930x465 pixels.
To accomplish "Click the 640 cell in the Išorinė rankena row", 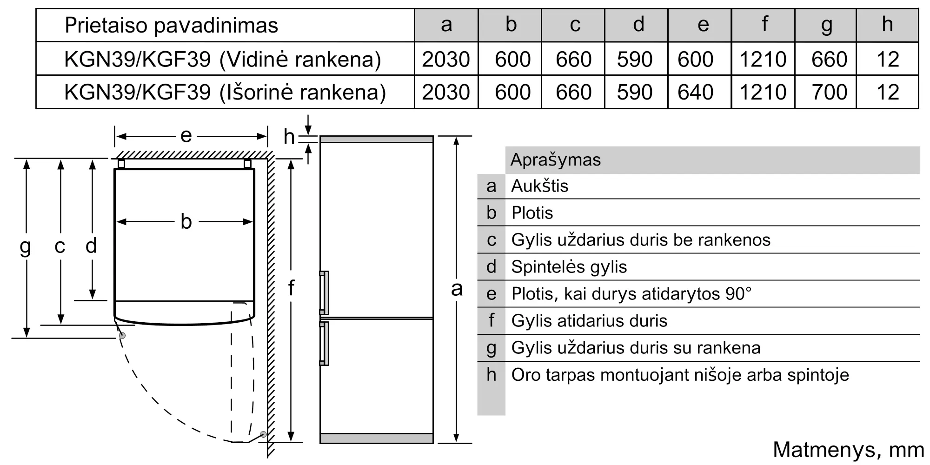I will (x=695, y=92).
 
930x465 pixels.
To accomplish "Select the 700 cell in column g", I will (x=829, y=92).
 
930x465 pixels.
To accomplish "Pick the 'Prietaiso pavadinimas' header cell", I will (x=171, y=25).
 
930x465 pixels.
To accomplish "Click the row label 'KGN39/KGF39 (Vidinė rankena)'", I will (x=222, y=59).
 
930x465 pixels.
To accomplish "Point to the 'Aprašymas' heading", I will (x=556, y=160).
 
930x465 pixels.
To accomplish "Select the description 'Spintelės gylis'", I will (x=569, y=267).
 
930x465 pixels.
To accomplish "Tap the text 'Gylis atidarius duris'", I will (x=589, y=321).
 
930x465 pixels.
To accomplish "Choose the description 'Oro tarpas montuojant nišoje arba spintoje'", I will (x=680, y=375).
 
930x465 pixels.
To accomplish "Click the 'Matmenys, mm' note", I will (x=848, y=450).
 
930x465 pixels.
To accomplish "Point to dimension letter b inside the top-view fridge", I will (x=186, y=222).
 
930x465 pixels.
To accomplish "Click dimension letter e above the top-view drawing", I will (x=186, y=136).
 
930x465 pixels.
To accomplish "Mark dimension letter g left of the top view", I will (x=26, y=246).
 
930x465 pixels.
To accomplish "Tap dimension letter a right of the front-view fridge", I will (x=457, y=289).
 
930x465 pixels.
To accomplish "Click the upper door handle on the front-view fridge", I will (x=324, y=293).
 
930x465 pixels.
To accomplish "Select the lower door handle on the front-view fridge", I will (x=324, y=343).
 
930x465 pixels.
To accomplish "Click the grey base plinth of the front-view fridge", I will (x=377, y=438).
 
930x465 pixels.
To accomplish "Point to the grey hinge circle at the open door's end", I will (x=264, y=434).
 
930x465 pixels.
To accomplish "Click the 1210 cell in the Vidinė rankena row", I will (x=763, y=59).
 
